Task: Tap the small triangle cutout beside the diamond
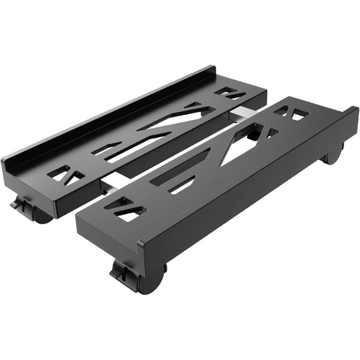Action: pos(272,132)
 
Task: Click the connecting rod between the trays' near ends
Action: pos(113,182)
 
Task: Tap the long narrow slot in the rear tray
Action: pos(134,148)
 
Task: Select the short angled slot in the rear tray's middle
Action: pos(106,149)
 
